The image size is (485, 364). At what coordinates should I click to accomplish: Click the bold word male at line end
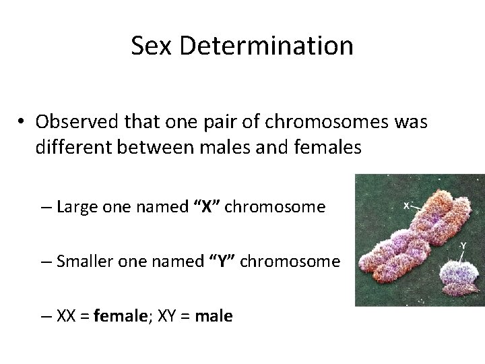point(214,315)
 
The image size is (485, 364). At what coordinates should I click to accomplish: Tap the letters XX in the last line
point(67,315)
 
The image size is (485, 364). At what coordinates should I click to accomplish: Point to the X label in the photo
point(408,205)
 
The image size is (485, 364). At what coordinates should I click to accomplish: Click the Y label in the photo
point(463,246)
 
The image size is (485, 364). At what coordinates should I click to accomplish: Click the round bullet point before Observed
point(22,122)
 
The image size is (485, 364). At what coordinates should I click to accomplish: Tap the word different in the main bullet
point(74,147)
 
